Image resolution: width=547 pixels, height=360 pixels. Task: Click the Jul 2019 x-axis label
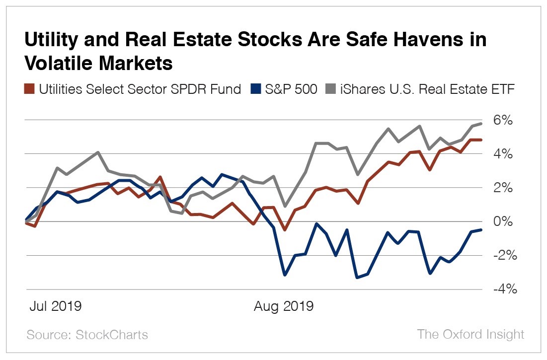click(55, 306)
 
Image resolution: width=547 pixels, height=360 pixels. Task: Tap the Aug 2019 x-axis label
click(284, 306)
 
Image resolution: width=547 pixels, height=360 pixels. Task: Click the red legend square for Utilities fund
click(29, 90)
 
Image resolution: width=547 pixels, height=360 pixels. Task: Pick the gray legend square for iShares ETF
click(330, 90)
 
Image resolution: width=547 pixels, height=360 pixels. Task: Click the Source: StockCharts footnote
click(87, 334)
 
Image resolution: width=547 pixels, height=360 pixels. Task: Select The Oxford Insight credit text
click(470, 334)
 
